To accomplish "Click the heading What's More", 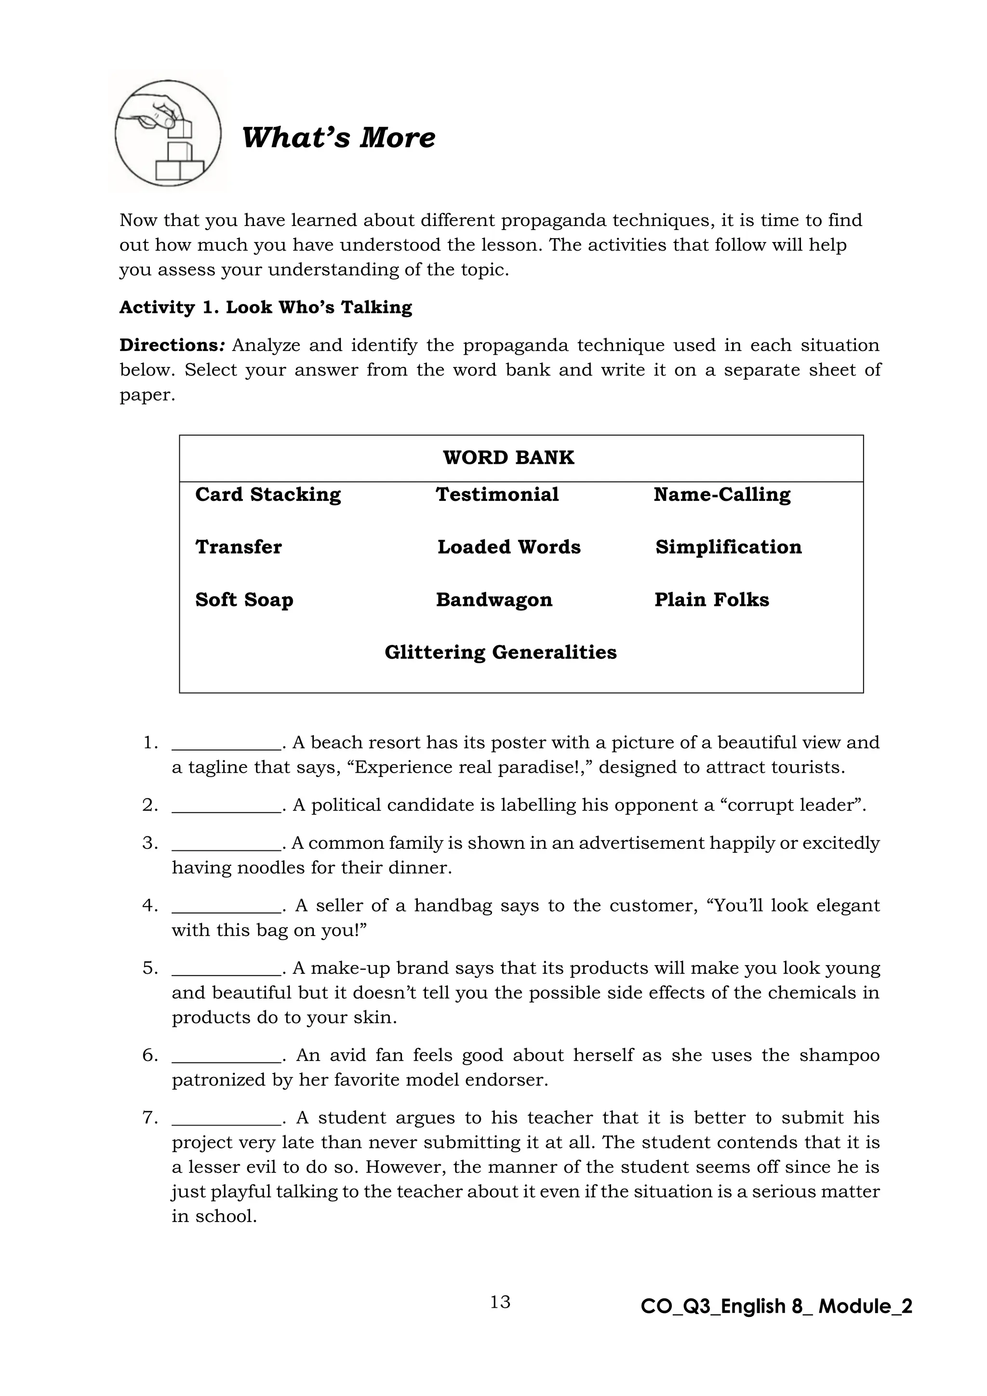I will [x=338, y=137].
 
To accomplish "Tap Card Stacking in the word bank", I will [x=268, y=495].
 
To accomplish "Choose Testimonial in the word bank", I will [x=497, y=495].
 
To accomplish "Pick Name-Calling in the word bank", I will [x=722, y=495].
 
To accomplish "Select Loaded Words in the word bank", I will [x=509, y=547].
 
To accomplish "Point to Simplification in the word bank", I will [x=728, y=547].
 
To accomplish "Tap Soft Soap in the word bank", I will [x=244, y=600].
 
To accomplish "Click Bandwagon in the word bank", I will [x=494, y=600].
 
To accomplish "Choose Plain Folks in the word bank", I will [x=712, y=600].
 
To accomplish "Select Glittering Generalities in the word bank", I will [x=501, y=652].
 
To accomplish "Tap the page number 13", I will [x=500, y=1302].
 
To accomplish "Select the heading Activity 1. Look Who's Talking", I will [x=266, y=308].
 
